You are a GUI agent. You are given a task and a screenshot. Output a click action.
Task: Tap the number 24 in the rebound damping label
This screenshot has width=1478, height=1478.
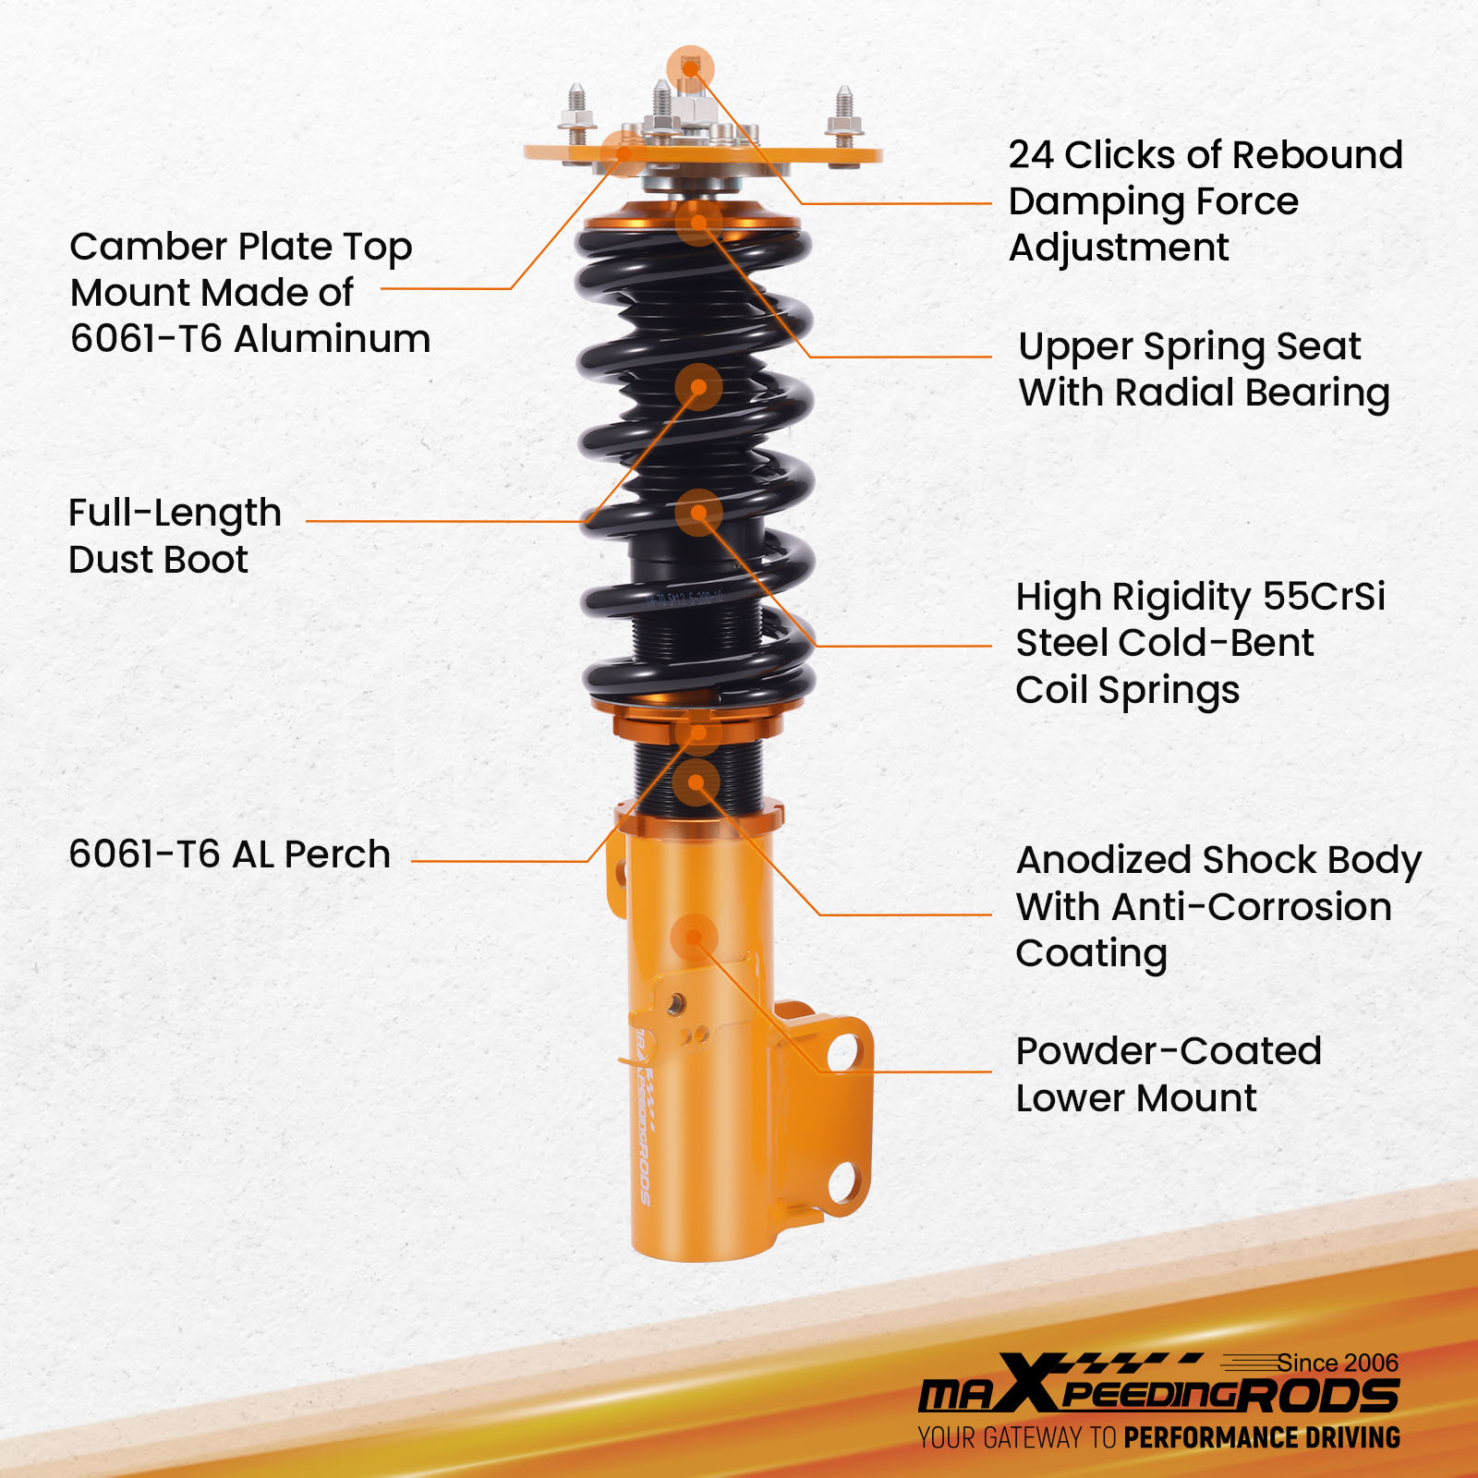pos(1031,155)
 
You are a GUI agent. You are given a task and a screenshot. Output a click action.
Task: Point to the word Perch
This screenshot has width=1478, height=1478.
pos(337,854)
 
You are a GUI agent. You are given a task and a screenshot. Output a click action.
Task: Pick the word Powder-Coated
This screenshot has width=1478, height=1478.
pos(1169,1051)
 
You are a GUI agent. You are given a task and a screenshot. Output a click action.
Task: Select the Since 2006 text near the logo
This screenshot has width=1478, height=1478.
pos(1338,1363)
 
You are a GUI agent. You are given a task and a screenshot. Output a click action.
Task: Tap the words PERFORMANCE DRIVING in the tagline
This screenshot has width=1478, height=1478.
pos(1262,1437)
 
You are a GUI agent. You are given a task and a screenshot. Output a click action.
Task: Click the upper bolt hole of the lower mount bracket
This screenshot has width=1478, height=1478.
pos(843,1052)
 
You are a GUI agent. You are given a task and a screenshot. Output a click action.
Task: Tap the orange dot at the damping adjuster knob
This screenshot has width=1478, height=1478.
pos(690,68)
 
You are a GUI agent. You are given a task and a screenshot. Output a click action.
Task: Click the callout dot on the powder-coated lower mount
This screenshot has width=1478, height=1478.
pos(695,939)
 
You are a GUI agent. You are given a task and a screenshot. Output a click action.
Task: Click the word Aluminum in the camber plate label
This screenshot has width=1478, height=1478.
pos(333,339)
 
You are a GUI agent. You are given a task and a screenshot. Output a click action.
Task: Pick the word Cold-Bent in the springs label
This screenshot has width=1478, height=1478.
pos(1225,643)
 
